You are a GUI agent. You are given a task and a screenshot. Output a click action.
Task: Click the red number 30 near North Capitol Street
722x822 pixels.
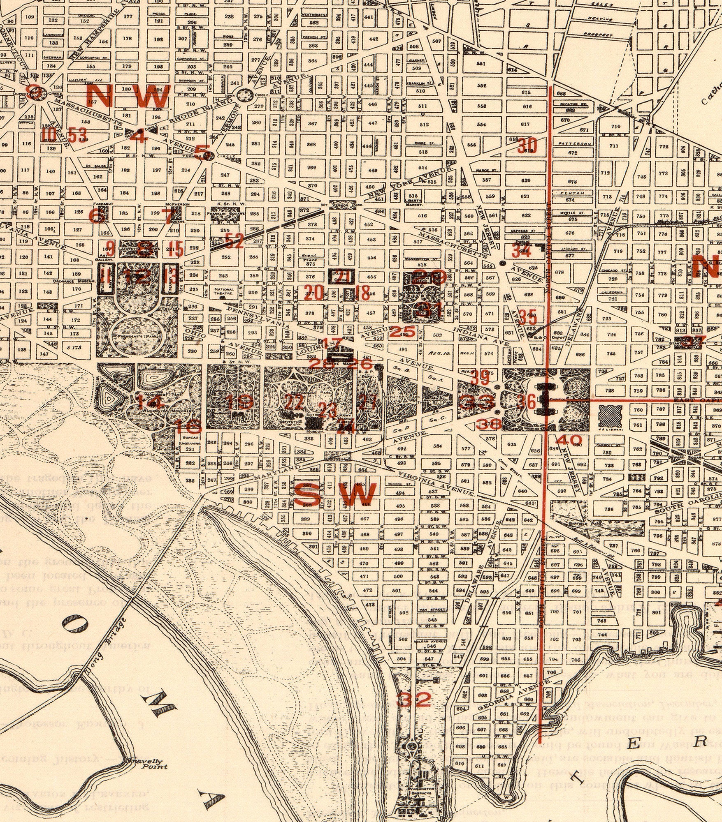(527, 146)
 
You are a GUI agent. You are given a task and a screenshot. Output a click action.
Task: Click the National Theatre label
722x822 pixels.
(224, 291)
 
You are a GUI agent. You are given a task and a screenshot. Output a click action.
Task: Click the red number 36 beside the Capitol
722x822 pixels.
(526, 401)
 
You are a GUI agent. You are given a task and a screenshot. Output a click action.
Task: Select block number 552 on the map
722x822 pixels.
(481, 85)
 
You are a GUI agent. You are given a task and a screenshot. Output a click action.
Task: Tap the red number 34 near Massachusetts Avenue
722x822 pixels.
(521, 250)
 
